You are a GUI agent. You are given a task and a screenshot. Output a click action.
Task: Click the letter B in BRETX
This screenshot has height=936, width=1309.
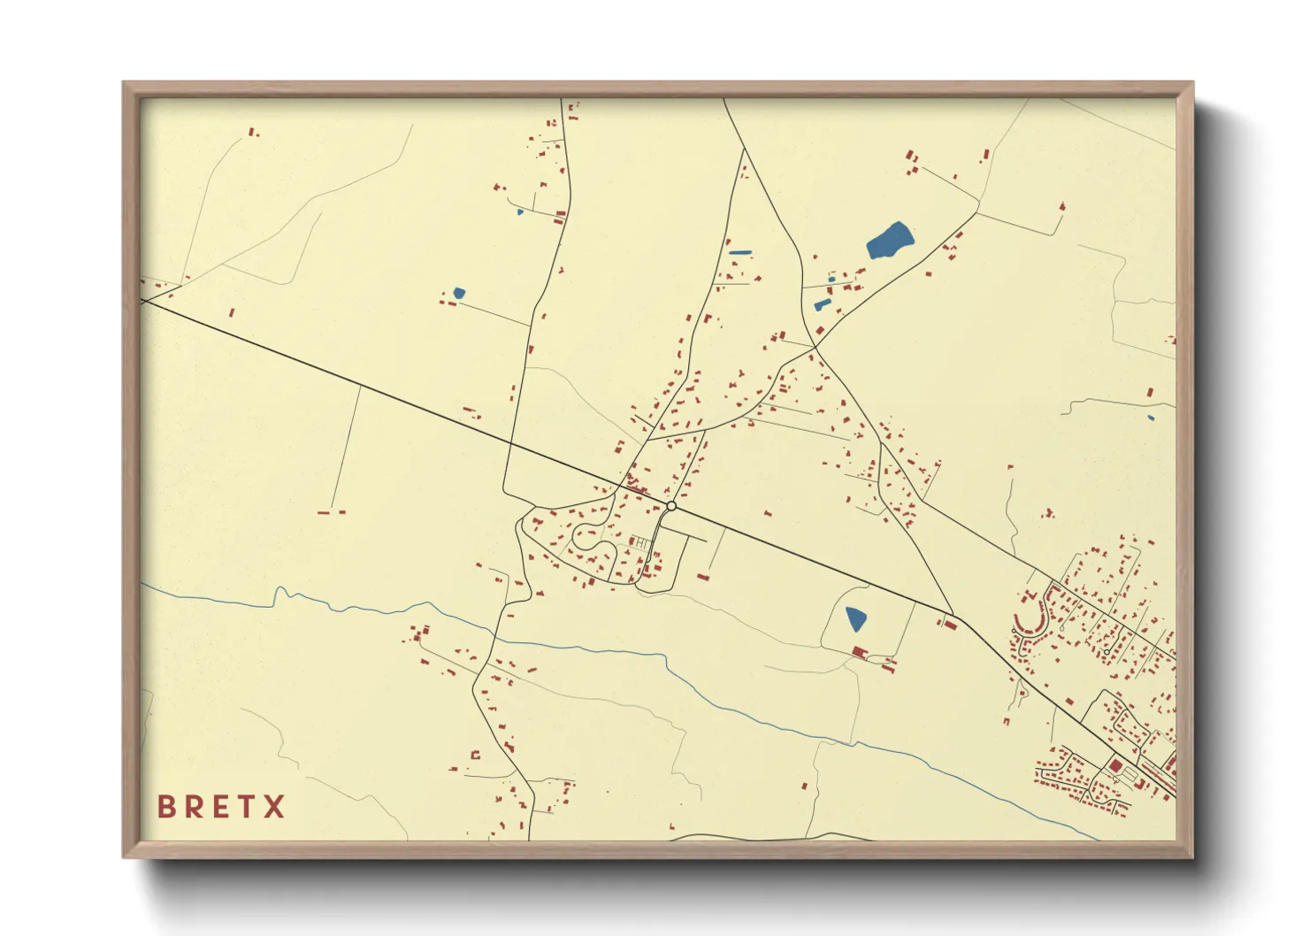165,807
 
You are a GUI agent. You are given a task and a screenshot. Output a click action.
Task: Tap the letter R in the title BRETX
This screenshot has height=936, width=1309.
193,807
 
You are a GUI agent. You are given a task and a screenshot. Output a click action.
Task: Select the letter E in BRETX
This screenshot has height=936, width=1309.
219,807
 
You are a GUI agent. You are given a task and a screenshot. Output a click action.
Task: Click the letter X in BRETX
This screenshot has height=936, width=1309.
274,807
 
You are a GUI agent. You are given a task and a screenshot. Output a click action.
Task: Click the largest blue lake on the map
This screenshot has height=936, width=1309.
889,240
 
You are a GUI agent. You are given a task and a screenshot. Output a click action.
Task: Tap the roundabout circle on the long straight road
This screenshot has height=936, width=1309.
671,506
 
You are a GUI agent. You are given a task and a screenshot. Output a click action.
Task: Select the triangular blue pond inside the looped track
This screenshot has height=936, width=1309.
855,618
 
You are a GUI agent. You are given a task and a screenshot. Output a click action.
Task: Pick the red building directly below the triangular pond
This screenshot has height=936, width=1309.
857,652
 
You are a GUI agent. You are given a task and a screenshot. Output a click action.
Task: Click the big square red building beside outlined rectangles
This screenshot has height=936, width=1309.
1115,765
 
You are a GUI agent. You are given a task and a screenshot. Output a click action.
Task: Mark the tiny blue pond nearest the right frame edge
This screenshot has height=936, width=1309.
1151,418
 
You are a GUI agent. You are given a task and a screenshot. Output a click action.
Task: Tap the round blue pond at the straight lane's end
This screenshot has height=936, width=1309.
458,293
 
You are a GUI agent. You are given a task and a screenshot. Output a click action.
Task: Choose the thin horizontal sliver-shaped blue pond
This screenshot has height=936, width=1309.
739,253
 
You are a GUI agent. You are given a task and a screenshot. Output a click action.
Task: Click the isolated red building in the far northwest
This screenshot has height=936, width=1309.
251,132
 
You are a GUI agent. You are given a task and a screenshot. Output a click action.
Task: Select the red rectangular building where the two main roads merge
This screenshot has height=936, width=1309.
950,625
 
